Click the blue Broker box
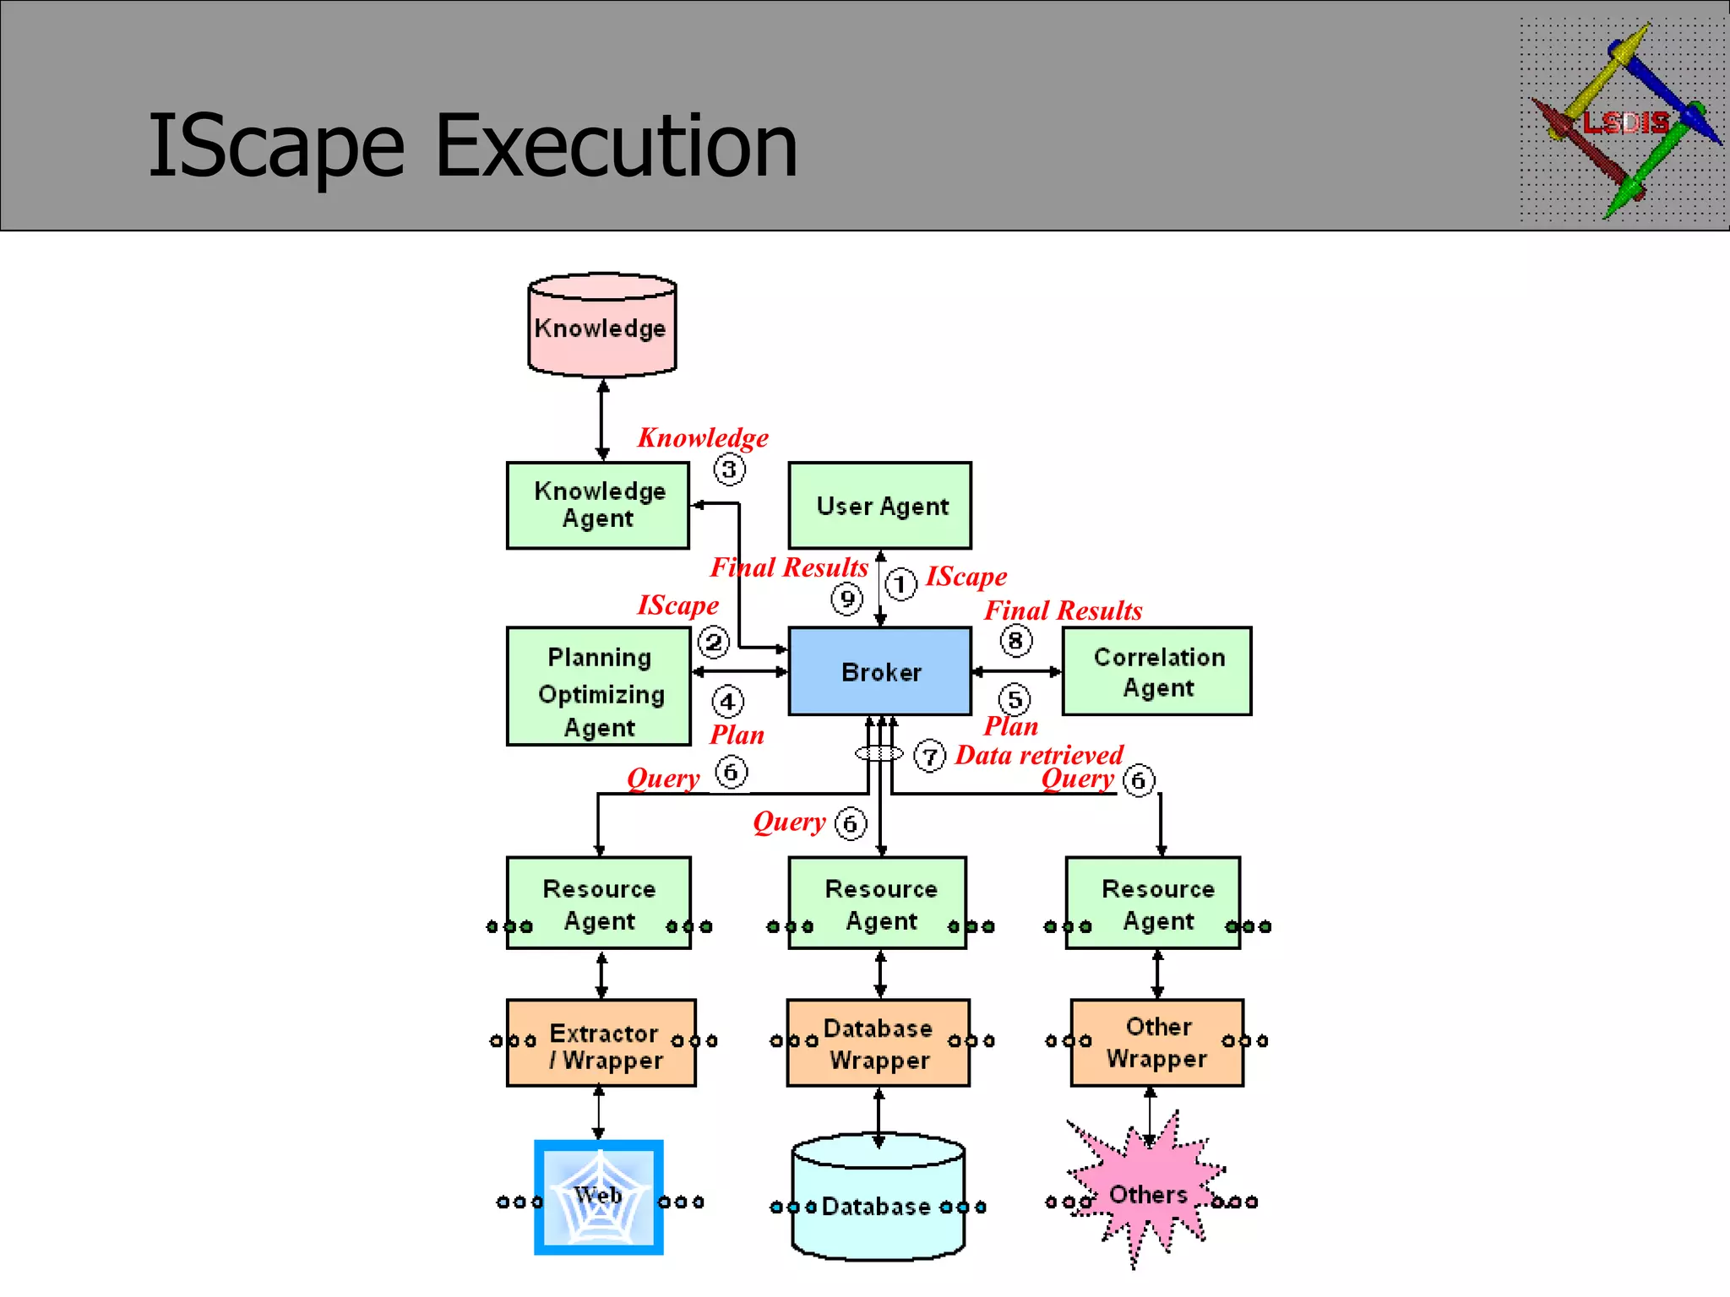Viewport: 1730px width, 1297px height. tap(879, 671)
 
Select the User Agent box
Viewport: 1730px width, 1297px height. tap(879, 505)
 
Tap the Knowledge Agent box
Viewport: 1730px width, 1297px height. tap(598, 505)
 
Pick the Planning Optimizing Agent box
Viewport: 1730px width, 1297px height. tap(599, 686)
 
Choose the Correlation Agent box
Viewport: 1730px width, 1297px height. tap(1156, 671)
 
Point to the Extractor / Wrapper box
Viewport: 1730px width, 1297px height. tap(601, 1044)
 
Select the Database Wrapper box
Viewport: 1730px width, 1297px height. tap(879, 1044)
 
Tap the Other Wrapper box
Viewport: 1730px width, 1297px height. tap(1156, 1043)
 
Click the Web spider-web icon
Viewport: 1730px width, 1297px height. tap(598, 1197)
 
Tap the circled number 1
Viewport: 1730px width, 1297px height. tap(900, 583)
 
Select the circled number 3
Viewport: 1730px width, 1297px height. tap(729, 469)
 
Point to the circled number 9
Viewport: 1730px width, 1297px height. tap(846, 599)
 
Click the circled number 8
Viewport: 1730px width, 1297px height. tap(1015, 641)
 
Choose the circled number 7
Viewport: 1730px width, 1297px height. tap(930, 756)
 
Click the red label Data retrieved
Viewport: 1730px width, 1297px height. tap(1039, 755)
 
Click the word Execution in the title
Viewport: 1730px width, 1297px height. tap(616, 147)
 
